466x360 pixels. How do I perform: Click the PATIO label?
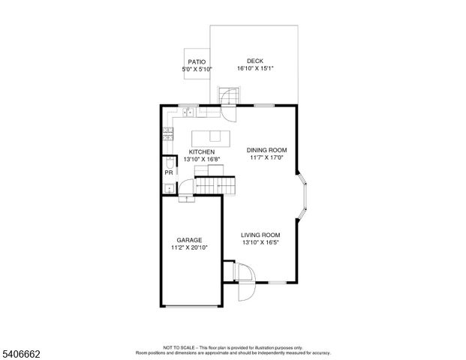[197, 61]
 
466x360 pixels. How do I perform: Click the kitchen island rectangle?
[210, 137]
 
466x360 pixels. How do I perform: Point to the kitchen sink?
[190, 113]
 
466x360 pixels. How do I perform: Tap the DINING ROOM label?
[267, 150]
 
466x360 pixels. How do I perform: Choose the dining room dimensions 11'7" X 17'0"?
[267, 157]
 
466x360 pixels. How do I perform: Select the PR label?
[169, 173]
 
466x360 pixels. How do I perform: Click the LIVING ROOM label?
[260, 235]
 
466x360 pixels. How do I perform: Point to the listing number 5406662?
[22, 352]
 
